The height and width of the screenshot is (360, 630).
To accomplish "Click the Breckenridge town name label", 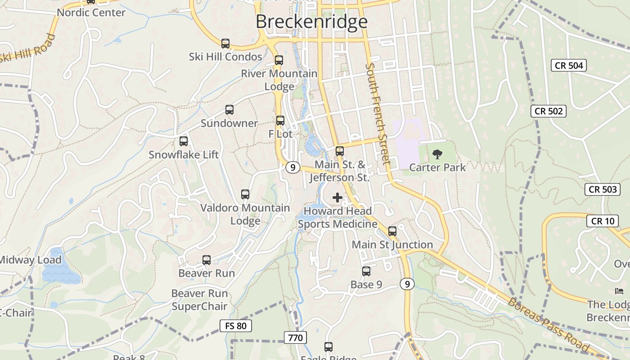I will click(311, 22).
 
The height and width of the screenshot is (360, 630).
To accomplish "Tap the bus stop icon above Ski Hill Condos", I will click(225, 44).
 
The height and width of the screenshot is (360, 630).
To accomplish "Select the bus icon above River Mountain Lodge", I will click(279, 60).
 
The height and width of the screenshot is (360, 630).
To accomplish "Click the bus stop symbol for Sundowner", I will click(229, 110).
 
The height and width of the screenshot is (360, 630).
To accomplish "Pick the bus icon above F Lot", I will click(280, 121).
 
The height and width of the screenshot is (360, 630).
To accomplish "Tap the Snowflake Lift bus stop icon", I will click(184, 141).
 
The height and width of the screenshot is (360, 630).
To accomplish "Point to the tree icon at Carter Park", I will click(437, 154).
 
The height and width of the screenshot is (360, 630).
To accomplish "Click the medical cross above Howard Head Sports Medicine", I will click(337, 197).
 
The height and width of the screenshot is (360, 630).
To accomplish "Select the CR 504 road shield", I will click(569, 65).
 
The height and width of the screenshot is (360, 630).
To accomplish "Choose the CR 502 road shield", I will click(549, 111).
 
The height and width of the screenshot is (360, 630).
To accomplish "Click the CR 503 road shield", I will click(603, 189).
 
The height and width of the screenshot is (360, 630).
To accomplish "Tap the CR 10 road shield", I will click(602, 221).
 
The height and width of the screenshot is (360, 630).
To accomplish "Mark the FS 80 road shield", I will click(235, 326).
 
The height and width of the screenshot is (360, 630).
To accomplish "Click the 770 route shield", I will click(295, 337).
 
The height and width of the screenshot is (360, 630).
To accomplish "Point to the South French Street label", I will click(378, 113).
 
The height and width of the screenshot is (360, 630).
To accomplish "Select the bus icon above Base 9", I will click(366, 271).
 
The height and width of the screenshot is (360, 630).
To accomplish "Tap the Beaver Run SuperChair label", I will click(199, 300).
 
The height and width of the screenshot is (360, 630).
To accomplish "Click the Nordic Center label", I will click(91, 13).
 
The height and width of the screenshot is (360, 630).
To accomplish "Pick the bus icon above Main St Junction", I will click(392, 231).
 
